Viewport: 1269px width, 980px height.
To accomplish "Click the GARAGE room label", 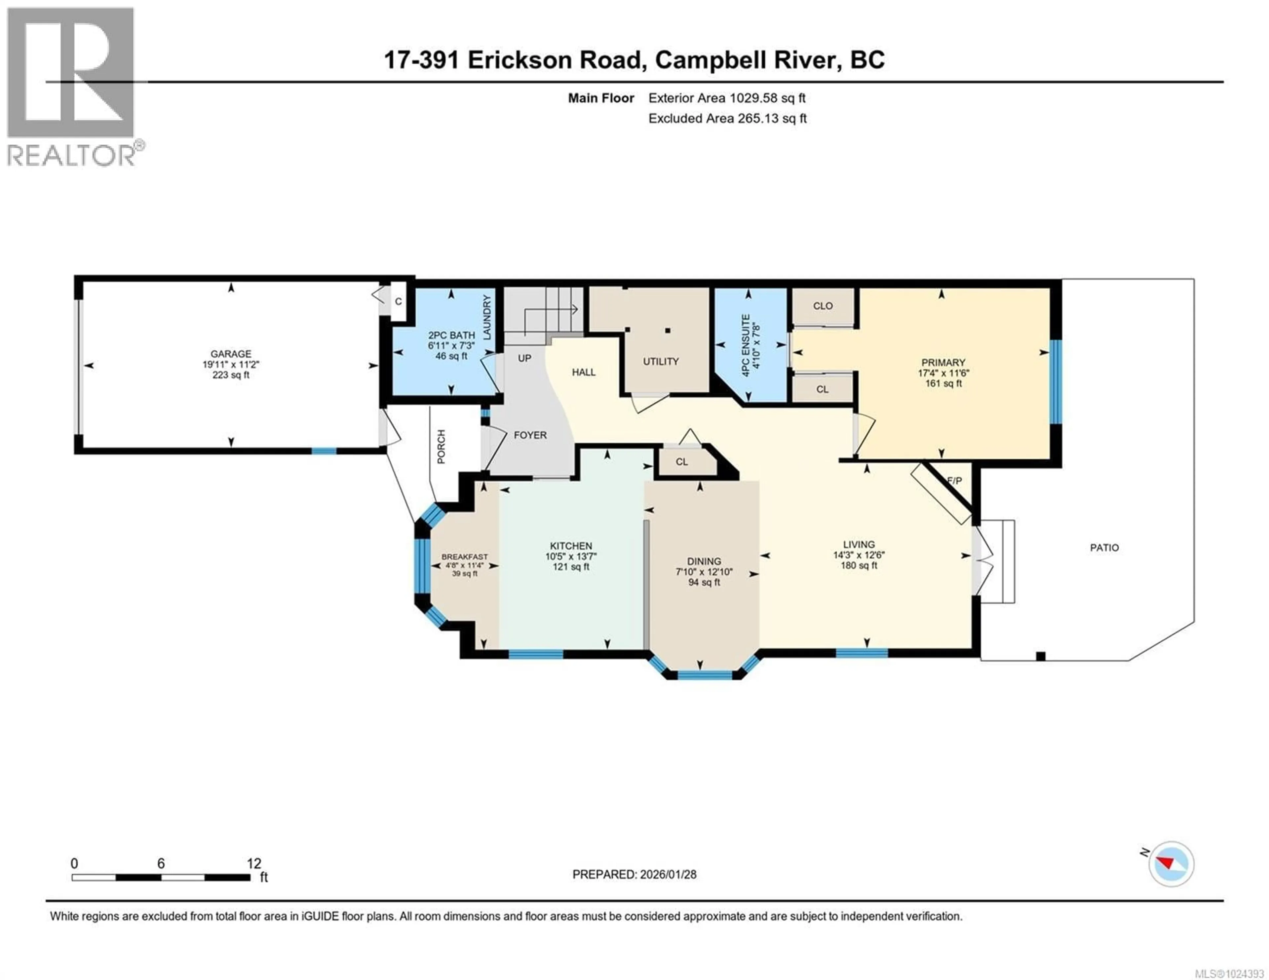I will click(x=231, y=354).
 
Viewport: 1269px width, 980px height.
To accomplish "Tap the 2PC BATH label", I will click(x=451, y=335).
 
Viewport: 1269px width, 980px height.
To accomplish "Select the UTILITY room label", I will click(x=661, y=361).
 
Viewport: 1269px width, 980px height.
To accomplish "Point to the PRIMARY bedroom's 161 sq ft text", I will click(x=943, y=383).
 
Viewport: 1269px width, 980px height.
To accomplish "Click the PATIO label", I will click(x=1104, y=547).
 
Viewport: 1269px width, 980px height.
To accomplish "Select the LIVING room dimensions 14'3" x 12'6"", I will click(x=859, y=555).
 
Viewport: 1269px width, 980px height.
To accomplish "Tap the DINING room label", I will click(x=704, y=561).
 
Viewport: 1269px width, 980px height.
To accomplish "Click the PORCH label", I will click(x=441, y=446).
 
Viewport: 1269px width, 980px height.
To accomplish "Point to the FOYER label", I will click(x=530, y=435).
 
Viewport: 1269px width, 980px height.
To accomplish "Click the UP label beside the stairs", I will click(x=524, y=358).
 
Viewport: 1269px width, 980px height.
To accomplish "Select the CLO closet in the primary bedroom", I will click(x=823, y=306).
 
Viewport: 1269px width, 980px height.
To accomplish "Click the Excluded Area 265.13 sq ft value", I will click(x=772, y=119).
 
